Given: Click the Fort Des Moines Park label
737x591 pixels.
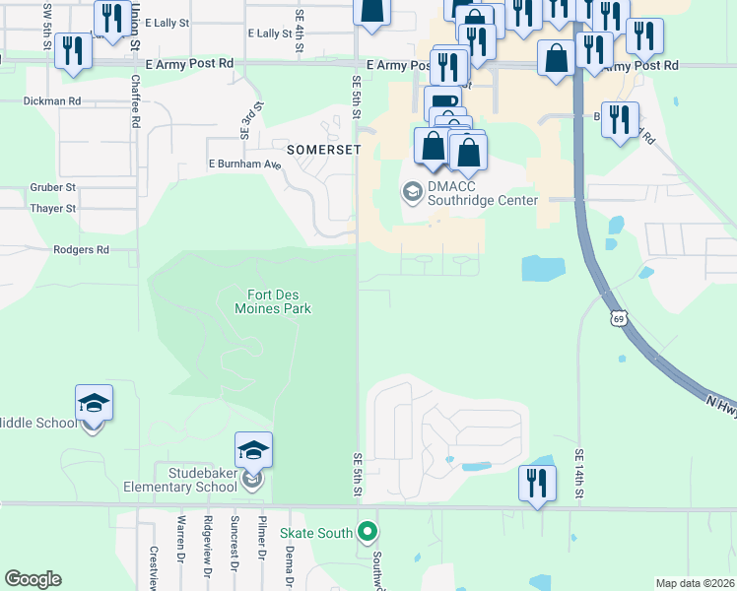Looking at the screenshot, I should tap(279, 300).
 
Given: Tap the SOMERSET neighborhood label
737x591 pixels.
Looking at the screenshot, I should tap(324, 149).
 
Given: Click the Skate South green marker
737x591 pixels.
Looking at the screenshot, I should tap(368, 533).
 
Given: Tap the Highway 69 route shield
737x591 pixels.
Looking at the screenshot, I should tap(618, 317).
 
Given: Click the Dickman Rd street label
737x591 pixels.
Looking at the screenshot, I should tap(51, 100).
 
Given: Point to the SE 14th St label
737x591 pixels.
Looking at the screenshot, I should tap(580, 475).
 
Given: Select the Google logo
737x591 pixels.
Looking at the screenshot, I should tap(33, 579).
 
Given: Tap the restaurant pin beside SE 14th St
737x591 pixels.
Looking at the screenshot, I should tap(536, 483).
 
